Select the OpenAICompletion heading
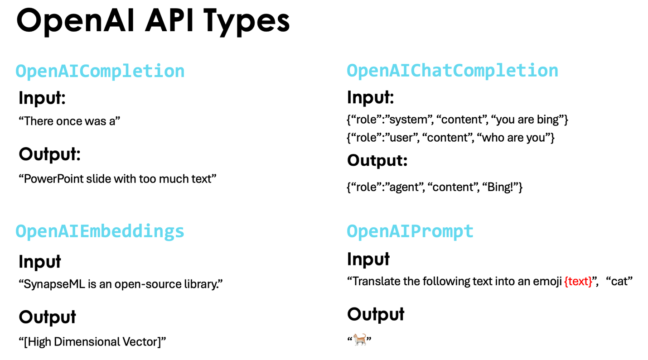pos(100,72)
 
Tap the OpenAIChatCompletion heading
pos(452,71)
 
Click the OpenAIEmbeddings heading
pos(100,231)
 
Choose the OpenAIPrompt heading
pos(410,231)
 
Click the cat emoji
pos(360,340)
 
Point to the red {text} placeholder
pos(578,281)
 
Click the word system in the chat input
pos(408,120)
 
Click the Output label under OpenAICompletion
pos(49,154)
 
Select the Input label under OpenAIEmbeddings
pos(39,262)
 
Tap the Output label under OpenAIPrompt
pos(376,314)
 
